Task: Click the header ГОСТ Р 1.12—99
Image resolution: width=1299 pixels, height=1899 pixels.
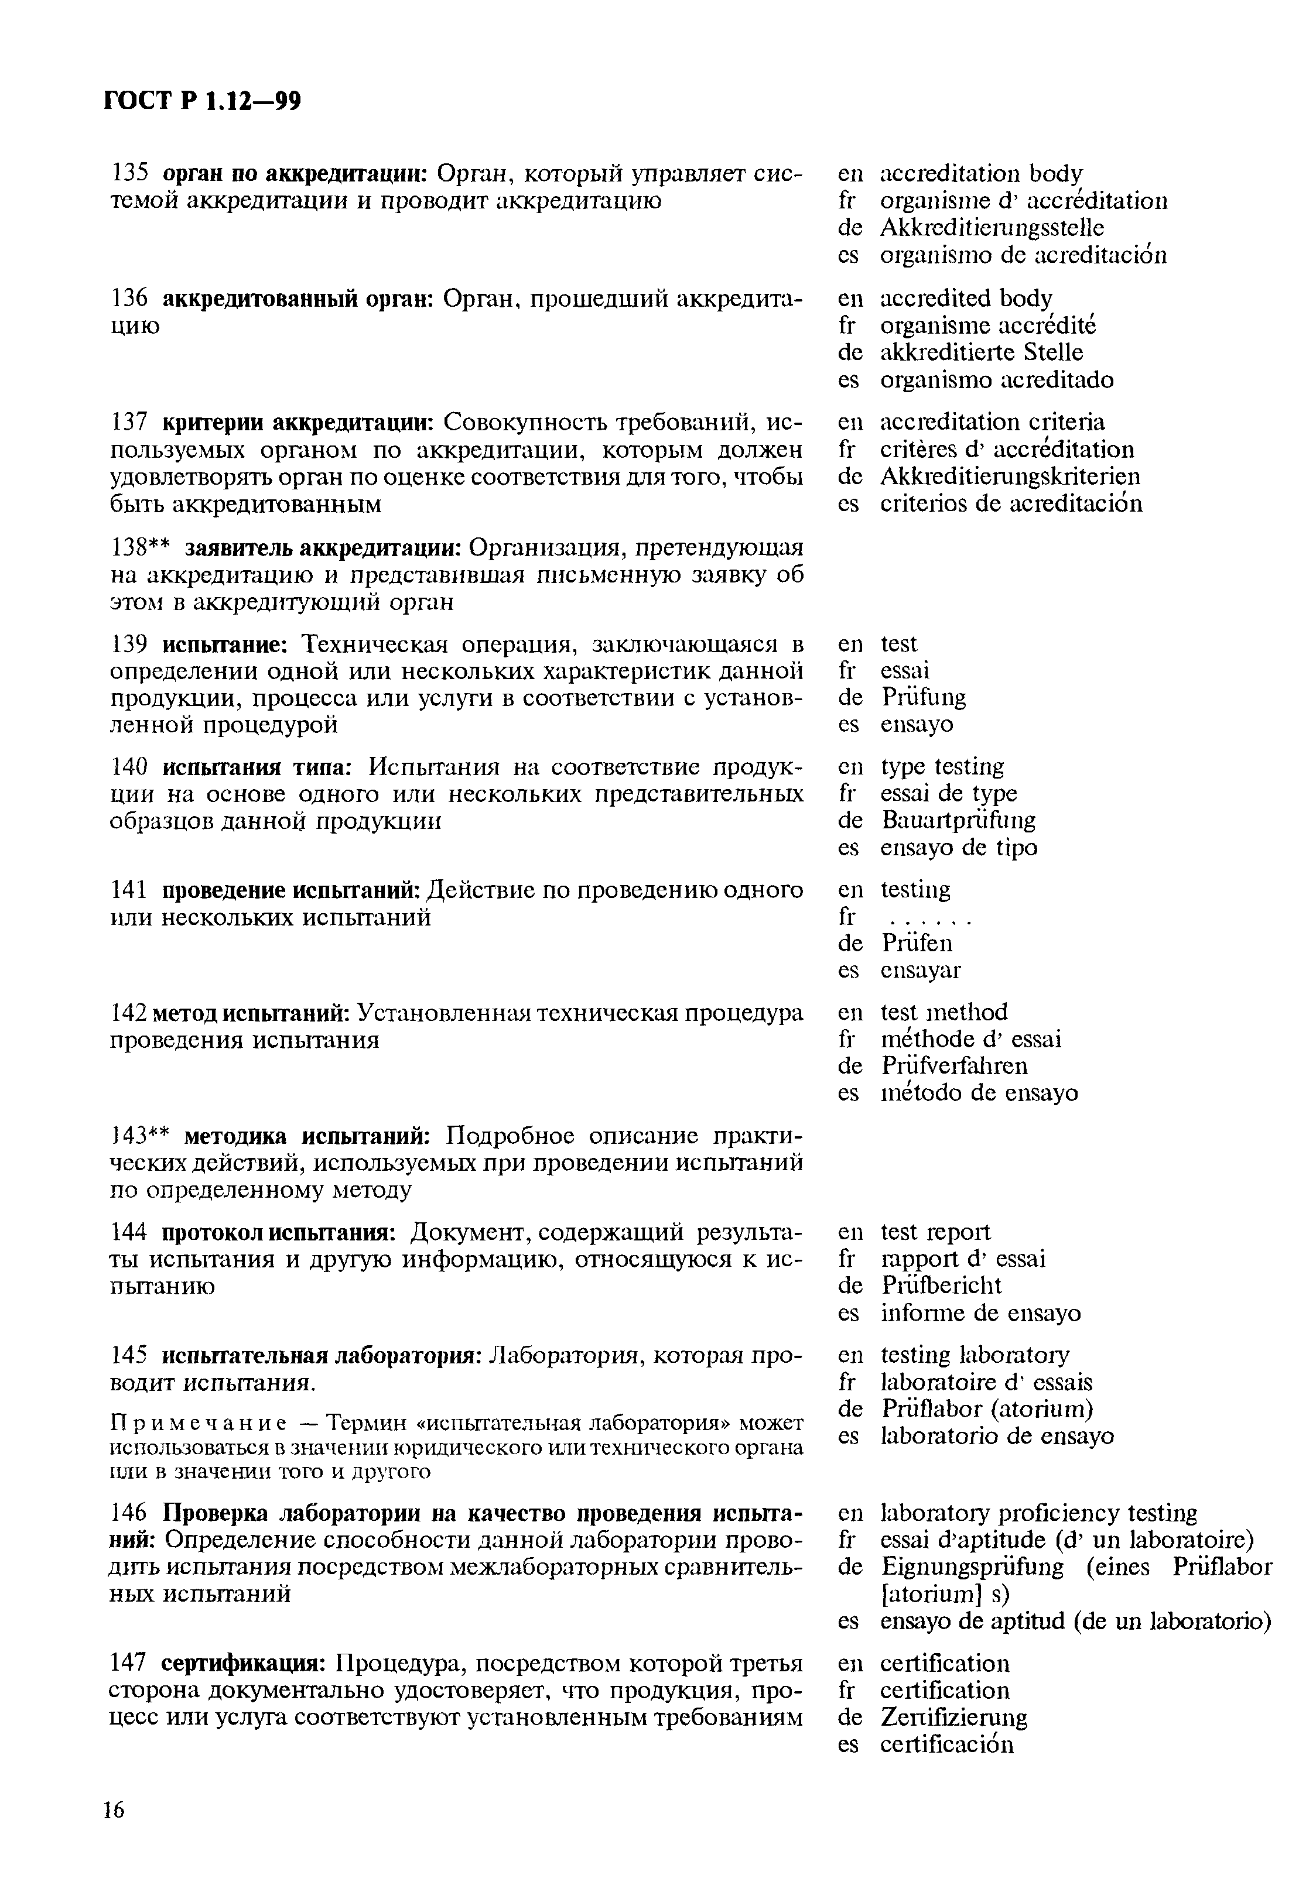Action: point(203,101)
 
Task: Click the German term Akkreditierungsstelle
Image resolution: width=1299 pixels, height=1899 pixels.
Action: point(992,228)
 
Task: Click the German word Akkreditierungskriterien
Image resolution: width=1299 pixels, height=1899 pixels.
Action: point(1010,477)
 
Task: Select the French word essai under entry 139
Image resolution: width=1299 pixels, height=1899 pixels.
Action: point(905,671)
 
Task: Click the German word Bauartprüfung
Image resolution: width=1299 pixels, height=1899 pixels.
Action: point(958,820)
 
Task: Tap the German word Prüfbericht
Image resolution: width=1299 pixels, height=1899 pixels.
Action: point(942,1286)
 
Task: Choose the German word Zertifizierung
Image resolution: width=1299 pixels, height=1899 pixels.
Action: point(954,1717)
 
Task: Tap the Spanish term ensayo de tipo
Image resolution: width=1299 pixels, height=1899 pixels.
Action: point(959,848)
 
